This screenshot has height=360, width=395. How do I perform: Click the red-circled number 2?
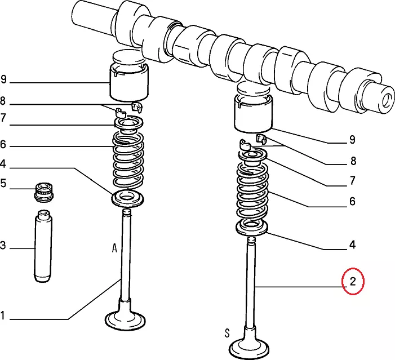coord(352,281)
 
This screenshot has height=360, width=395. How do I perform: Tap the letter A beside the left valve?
coord(114,248)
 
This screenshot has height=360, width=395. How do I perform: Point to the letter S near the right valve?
coord(227,333)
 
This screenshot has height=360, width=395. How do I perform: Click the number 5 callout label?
coord(3,183)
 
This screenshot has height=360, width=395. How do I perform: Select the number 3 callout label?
coord(2,245)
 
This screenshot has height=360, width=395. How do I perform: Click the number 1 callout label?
coord(2,315)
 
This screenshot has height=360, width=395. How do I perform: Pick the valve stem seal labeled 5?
coord(44,192)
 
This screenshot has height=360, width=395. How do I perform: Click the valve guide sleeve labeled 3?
coord(43,246)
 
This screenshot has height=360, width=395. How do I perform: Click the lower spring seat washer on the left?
coord(128,199)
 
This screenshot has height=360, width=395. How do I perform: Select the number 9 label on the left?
coord(3,79)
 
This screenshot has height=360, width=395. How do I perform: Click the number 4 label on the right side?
coord(352,245)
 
